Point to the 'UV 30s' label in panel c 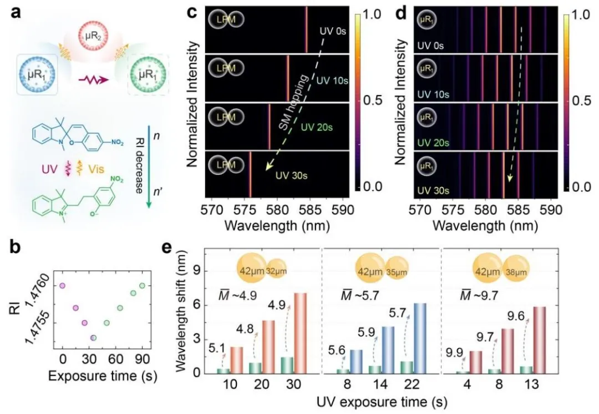coord(288,176)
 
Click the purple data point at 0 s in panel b coord(62,286)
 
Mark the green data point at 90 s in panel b coord(142,286)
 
